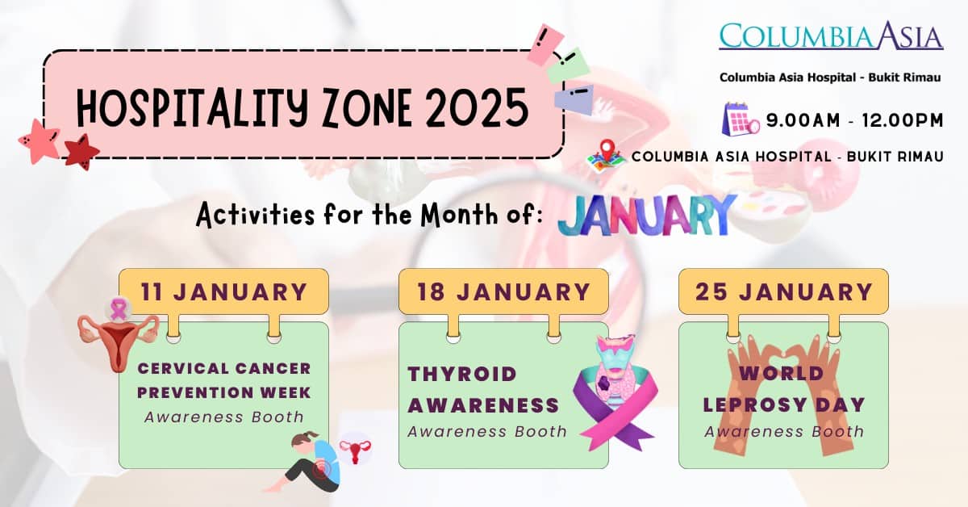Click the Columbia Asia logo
coord(831,36)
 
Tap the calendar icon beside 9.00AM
coord(741,118)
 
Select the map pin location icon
coord(606,154)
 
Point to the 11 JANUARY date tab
coord(223,291)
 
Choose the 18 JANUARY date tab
coord(503,291)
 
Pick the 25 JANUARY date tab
coord(783,291)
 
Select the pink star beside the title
coord(39,140)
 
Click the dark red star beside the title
coord(81,151)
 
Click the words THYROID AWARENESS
coord(482,389)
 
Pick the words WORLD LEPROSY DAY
coord(783,389)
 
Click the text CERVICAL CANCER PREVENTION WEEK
coord(223,380)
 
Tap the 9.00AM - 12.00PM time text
coord(854,121)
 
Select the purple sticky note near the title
coord(574,98)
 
